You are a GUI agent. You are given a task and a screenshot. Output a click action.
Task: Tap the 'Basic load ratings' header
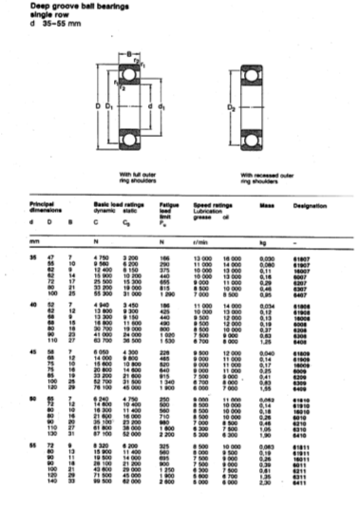pyautogui.click(x=117, y=202)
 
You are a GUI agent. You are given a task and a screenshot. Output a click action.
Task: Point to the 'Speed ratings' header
pyautogui.click(x=213, y=202)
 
